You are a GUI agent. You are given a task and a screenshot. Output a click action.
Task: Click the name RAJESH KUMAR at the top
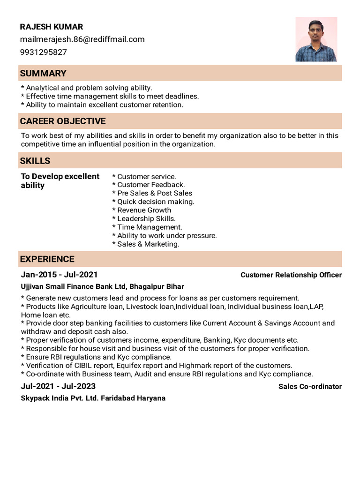pos(51,27)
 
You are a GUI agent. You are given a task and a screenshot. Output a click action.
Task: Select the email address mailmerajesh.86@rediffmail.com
pos(82,39)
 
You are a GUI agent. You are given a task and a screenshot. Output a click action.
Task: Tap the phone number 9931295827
pos(43,52)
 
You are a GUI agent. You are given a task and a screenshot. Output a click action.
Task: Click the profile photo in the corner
pos(316,39)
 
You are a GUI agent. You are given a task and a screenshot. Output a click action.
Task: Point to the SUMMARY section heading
pos(43,73)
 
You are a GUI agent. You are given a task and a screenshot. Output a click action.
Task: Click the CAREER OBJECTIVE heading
pos(62,121)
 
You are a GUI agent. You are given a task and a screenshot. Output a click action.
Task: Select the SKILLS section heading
pos(35,161)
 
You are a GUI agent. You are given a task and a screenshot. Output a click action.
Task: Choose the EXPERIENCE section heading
pos(47,259)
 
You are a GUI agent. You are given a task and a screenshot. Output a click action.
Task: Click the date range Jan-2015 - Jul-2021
pos(59,275)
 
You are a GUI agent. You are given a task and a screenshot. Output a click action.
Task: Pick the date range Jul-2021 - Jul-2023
pos(58,386)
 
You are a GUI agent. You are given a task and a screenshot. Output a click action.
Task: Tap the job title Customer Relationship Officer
pos(291,275)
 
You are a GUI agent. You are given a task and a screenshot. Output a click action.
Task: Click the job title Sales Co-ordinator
pos(310,387)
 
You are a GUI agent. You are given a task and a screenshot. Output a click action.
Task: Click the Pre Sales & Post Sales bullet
pos(152,193)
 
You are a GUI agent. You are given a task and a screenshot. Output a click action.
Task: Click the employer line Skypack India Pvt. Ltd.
pos(93,398)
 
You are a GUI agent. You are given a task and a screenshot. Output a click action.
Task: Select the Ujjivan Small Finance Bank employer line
pos(102,286)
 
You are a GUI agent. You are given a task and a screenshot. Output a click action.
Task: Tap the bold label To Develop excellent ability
pos(60,181)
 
